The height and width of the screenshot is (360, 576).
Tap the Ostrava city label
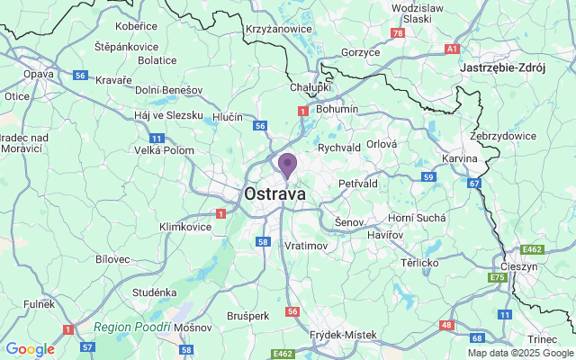[x=274, y=193]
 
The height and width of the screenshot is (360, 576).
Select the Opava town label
[x=39, y=73]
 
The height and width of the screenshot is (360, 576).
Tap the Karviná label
[x=460, y=158]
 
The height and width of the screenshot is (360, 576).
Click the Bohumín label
[x=338, y=109]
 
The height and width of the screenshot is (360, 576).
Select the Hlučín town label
[x=228, y=118]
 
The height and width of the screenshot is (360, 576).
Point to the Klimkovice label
[x=185, y=227]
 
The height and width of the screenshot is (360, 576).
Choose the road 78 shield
[x=398, y=33]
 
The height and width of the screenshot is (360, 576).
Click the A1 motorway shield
[x=453, y=49]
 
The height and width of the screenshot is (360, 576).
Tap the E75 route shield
[x=498, y=279]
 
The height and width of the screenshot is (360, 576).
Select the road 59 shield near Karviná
[x=429, y=177]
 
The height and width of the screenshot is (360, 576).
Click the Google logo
[x=30, y=349]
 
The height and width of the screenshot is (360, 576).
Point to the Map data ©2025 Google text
[x=519, y=353]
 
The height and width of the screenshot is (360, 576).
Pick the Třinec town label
[x=543, y=338]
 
